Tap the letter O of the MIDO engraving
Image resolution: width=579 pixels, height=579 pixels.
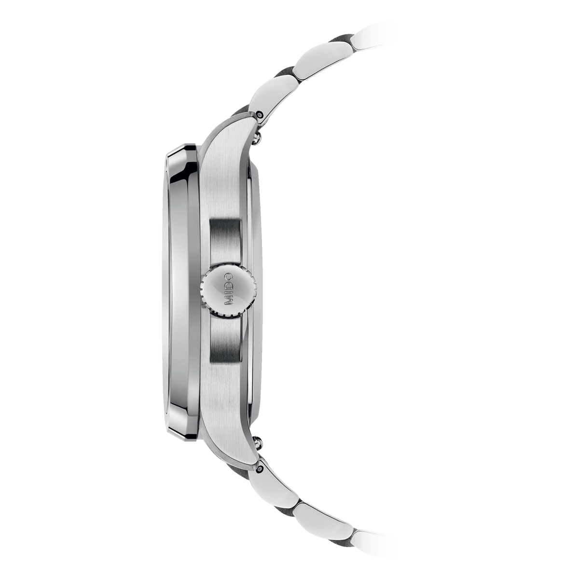pos(229,278)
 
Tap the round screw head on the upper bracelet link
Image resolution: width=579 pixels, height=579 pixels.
pos(261,115)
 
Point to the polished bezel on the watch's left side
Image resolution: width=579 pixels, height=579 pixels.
pos(181,289)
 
